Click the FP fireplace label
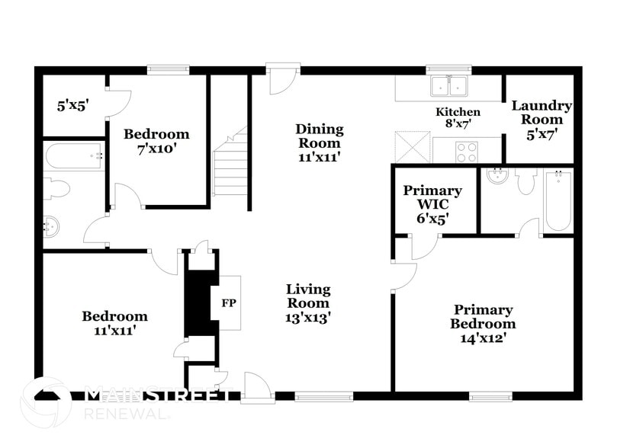coord(228,302)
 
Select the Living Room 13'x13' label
coord(308,302)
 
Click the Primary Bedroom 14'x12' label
coord(484,323)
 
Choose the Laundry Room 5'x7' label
coord(541,120)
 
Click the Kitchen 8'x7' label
coord(453,117)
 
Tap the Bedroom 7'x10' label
coord(157,142)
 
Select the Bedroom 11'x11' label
coord(115,323)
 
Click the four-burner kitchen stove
coord(466,150)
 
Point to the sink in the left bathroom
coord(51,226)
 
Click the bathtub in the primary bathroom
coord(558,200)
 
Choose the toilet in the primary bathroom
coord(526,181)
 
